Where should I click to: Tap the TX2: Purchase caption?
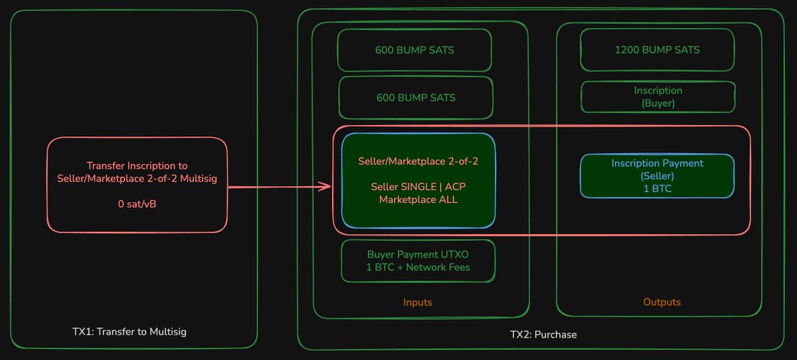click(543, 334)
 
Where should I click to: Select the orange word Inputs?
click(417, 302)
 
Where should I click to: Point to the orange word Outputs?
click(662, 302)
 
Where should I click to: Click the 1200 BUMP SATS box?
click(657, 50)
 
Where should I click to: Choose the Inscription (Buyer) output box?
click(658, 97)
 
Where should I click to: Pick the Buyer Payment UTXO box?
click(418, 260)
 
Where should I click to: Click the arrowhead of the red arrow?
click(326, 187)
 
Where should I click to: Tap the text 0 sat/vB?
click(137, 204)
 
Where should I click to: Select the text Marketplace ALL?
click(418, 199)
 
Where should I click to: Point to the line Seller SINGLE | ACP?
click(418, 187)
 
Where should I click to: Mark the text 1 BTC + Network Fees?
click(418, 267)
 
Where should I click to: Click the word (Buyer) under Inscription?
click(658, 103)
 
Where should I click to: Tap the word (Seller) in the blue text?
click(657, 175)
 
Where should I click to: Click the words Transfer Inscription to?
click(137, 165)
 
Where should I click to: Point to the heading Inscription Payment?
click(657, 163)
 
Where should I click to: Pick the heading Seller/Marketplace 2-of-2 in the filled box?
click(418, 161)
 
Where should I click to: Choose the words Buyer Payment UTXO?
click(418, 254)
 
